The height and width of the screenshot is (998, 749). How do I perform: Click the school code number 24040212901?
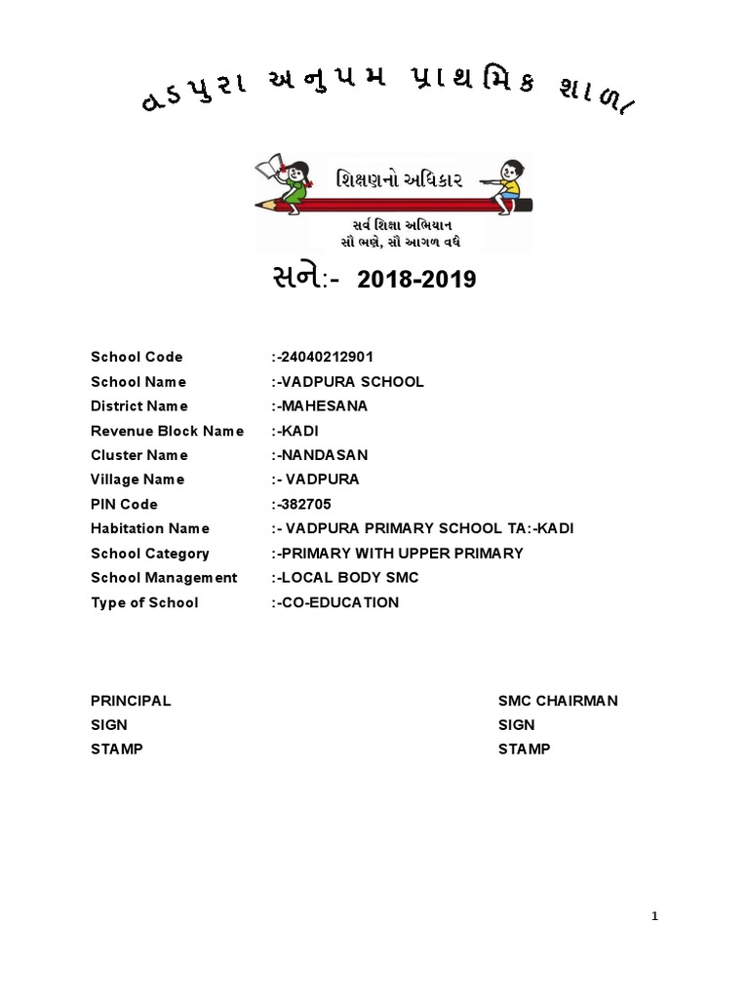pos(327,357)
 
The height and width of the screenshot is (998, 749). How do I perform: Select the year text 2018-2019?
pos(416,281)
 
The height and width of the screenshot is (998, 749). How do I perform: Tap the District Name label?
pos(139,405)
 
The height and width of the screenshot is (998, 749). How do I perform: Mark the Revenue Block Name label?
pos(167,431)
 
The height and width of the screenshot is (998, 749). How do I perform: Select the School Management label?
pos(164,578)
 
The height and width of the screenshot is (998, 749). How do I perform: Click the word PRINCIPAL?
pos(131,701)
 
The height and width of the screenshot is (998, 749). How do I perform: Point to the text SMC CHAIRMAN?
pos(558,701)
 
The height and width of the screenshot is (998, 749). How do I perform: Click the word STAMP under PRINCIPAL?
pos(116,748)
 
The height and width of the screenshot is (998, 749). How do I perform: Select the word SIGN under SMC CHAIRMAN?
pos(516,725)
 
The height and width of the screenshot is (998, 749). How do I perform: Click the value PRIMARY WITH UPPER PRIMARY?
pos(401,554)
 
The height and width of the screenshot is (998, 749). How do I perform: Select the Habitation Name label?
pos(150,528)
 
